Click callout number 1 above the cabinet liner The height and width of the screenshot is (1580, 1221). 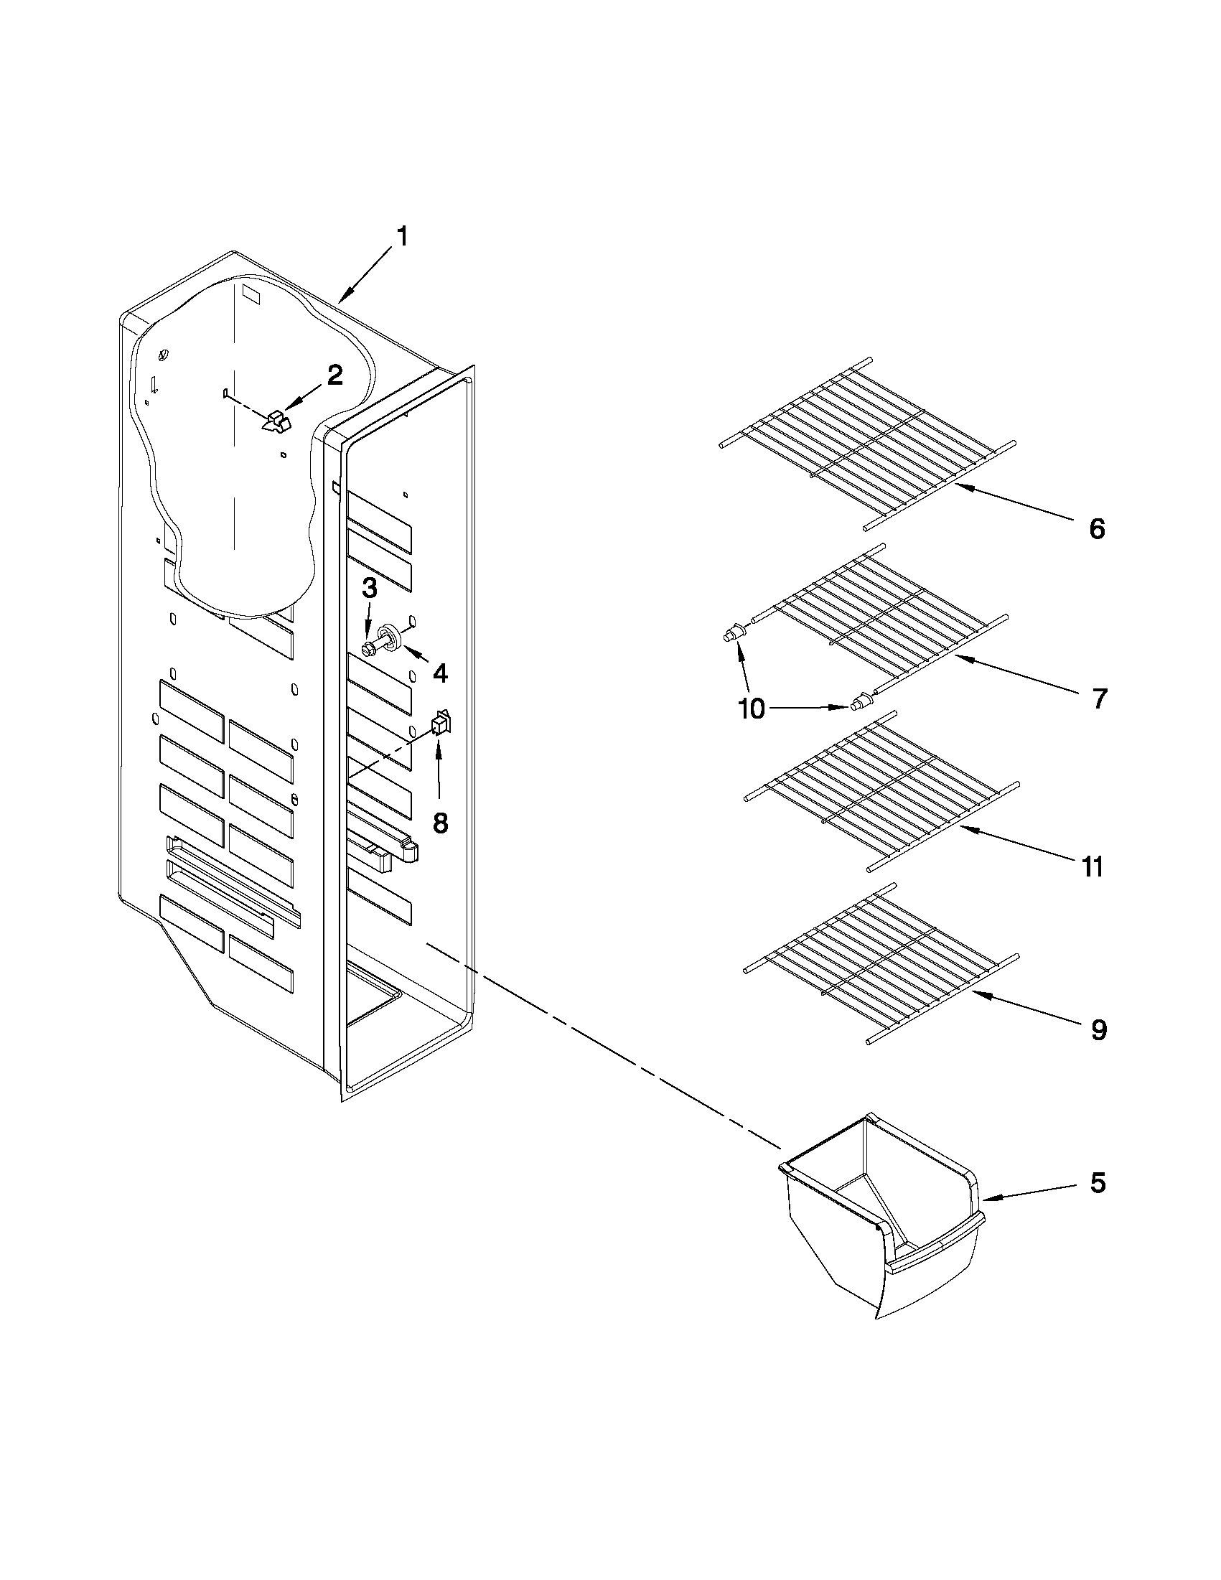pos(403,237)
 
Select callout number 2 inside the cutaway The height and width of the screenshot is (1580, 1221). pos(335,375)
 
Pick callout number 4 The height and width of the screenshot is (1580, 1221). pos(440,673)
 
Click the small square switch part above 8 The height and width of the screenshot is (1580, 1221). pos(440,724)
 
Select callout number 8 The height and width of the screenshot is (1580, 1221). pos(440,822)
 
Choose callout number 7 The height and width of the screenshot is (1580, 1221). pos(1099,699)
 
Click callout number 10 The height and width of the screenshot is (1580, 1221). pos(752,709)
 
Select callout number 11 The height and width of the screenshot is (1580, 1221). pos(1093,866)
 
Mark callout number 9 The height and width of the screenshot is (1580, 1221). pos(1099,1029)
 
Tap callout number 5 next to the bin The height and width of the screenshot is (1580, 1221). pos(1098,1183)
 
